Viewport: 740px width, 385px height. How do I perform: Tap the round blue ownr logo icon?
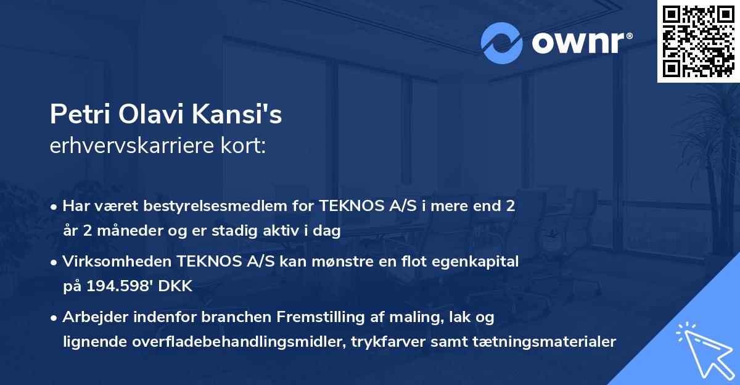click(502, 42)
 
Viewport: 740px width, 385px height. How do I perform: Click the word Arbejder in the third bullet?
click(94, 317)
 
